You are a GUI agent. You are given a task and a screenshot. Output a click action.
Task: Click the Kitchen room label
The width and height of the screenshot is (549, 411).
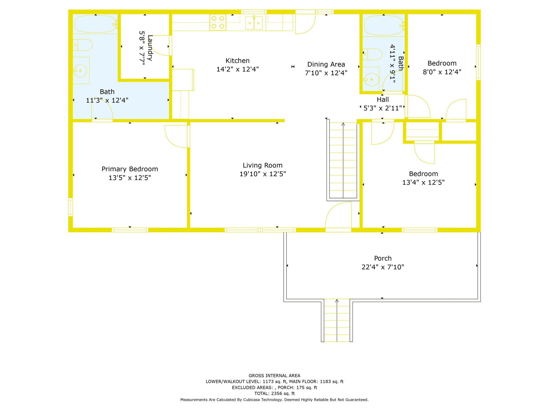click(x=237, y=61)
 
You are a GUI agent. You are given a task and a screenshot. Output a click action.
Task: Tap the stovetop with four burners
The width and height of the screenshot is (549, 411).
click(x=218, y=22)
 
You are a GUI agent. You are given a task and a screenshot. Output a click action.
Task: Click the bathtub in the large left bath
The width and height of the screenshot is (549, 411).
click(x=95, y=24)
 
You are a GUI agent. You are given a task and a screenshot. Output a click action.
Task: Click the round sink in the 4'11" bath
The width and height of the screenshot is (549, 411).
click(x=371, y=79)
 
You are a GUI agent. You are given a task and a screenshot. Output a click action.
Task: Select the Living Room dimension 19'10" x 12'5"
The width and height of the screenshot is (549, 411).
click(x=262, y=174)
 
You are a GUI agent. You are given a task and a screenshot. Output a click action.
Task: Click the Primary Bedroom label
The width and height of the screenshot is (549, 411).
click(x=130, y=169)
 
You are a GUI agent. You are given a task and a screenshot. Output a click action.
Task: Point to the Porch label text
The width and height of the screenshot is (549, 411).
click(x=383, y=258)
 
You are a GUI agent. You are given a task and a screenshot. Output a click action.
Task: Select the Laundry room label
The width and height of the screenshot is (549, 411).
click(x=150, y=48)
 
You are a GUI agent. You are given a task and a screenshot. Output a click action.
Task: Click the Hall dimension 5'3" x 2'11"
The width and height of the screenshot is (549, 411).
click(x=383, y=108)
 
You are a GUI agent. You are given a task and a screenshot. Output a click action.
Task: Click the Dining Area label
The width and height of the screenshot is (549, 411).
click(x=326, y=64)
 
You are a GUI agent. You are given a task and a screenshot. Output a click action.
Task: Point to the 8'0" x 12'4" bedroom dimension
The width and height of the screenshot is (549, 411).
click(x=442, y=72)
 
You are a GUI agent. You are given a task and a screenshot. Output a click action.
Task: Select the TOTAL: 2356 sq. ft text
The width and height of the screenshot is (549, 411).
click(x=274, y=393)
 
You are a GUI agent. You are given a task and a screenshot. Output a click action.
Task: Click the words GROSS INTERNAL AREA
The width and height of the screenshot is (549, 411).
click(x=274, y=376)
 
